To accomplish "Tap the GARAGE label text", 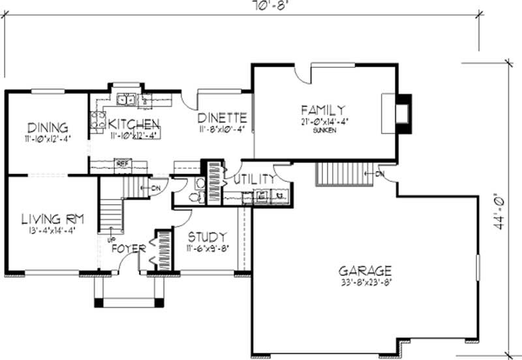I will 365,270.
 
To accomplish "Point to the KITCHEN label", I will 134,124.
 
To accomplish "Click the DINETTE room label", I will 223,118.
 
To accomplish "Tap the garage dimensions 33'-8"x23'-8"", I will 365,282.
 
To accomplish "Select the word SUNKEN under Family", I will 322,130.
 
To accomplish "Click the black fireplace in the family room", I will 405,115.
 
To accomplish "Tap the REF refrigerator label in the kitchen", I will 121,163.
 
